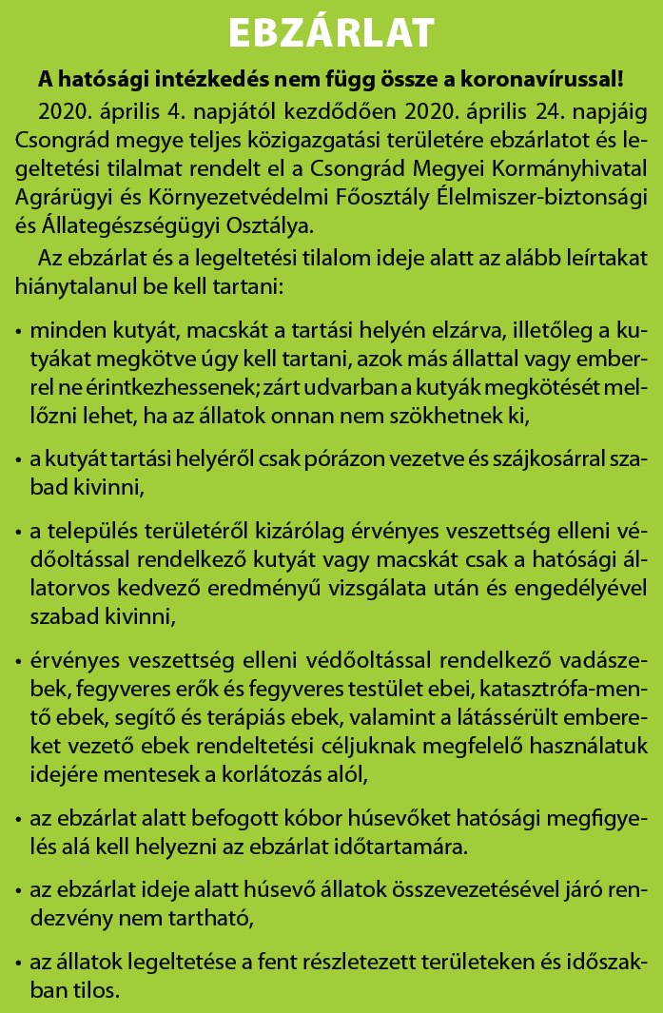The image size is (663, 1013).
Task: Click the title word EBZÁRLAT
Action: pyautogui.click(x=331, y=32)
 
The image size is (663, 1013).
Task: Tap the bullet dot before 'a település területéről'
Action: pyautogui.click(x=19, y=529)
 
